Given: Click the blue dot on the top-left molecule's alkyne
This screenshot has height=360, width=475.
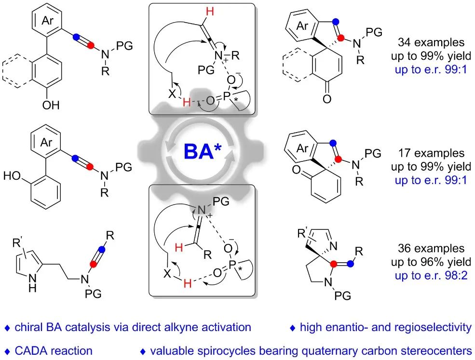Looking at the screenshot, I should coord(75,36).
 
